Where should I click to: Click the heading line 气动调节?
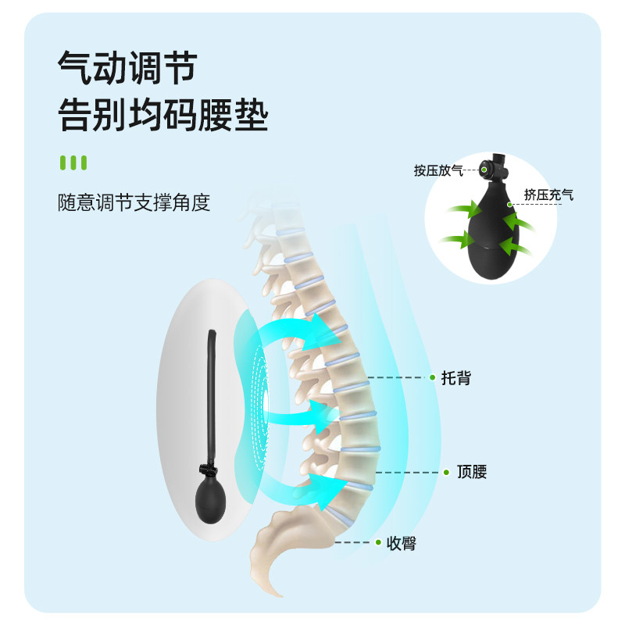pos(126,70)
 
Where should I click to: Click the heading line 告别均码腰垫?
pos(163,117)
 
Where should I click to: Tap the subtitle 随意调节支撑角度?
pos(134,203)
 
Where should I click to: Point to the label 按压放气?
pos(438,170)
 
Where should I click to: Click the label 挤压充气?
pos(548,195)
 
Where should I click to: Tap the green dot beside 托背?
pos(432,377)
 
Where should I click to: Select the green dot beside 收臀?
pos(378,542)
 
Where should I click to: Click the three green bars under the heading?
pos(73,162)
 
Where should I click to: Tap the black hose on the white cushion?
pos(212,391)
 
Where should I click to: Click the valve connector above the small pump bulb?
pos(210,470)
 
